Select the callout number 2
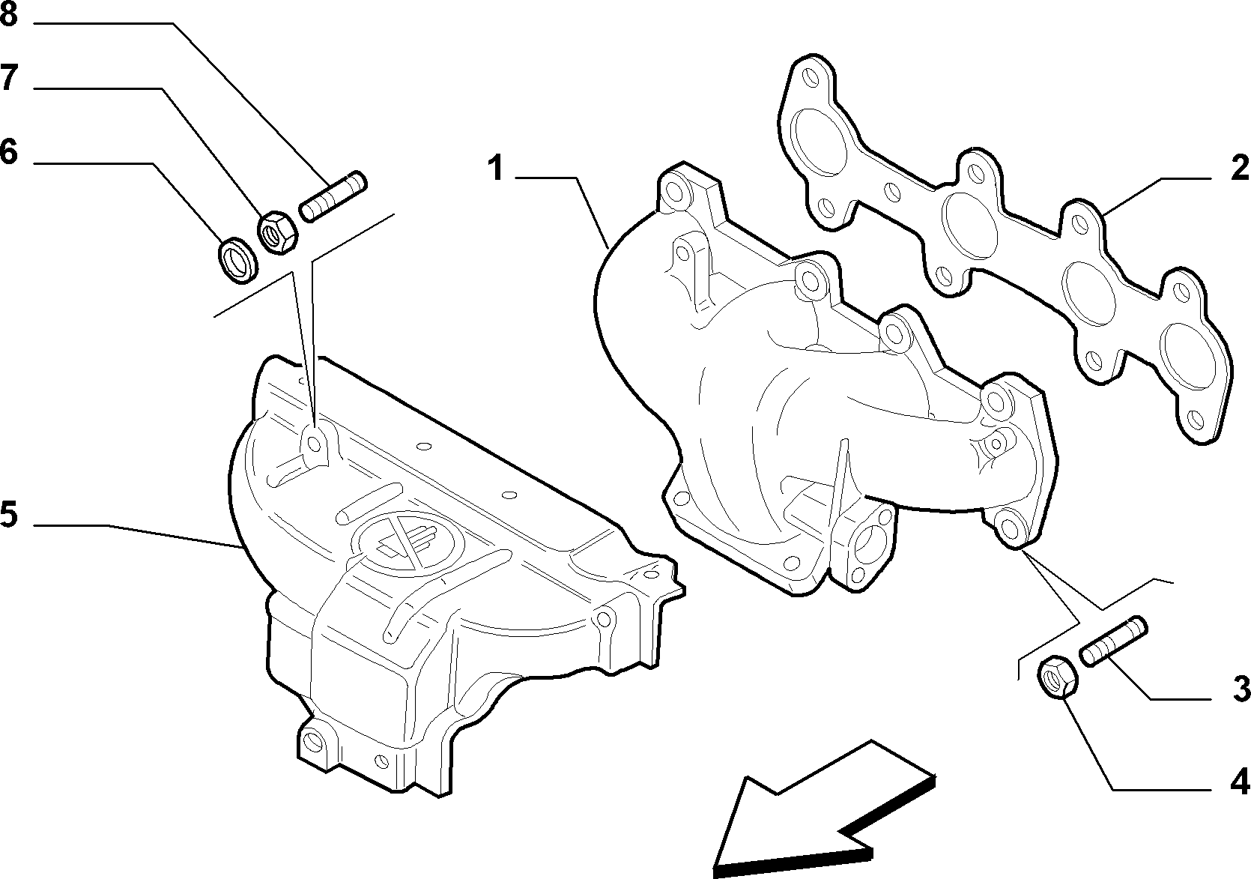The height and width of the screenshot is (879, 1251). tap(1240, 168)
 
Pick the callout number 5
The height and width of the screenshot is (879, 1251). tap(9, 515)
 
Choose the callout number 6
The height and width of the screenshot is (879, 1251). tap(9, 152)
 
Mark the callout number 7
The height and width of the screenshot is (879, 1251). tap(9, 77)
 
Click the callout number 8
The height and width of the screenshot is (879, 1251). tap(9, 14)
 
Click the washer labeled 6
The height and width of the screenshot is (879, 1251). tap(237, 260)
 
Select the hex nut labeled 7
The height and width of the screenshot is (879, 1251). tap(278, 232)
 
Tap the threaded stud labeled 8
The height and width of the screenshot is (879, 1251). tap(333, 196)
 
